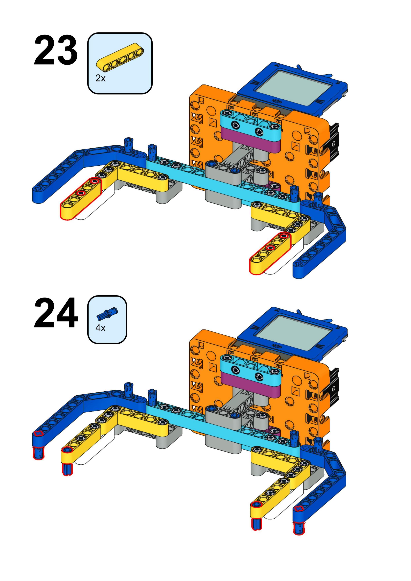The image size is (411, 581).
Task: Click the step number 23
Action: coord(56,51)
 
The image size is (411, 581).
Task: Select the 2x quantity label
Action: coord(100,78)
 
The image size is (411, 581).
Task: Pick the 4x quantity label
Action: coord(100,328)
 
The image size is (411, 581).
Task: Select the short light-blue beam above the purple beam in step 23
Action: coord(251,122)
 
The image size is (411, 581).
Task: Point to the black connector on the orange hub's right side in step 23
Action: coord(334,142)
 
